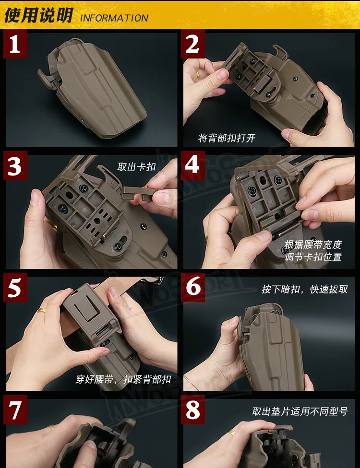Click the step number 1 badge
[x=15, y=44]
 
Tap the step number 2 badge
[x=192, y=44]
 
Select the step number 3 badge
[x=15, y=165]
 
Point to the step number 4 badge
[x=192, y=165]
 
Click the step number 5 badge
[x=15, y=287]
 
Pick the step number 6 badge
[x=192, y=287]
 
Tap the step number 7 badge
[x=15, y=410]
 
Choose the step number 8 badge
[x=192, y=410]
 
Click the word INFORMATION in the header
[x=114, y=18]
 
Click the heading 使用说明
[x=38, y=15]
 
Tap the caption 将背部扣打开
[x=227, y=138]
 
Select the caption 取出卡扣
[x=136, y=167]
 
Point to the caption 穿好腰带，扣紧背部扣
[x=123, y=379]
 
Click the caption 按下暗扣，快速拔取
[x=305, y=289]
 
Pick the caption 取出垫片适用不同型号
[x=300, y=411]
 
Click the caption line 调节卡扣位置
[x=313, y=257]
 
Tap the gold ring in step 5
[x=42, y=311]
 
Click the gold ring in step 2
[x=197, y=74]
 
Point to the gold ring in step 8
[x=232, y=433]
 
